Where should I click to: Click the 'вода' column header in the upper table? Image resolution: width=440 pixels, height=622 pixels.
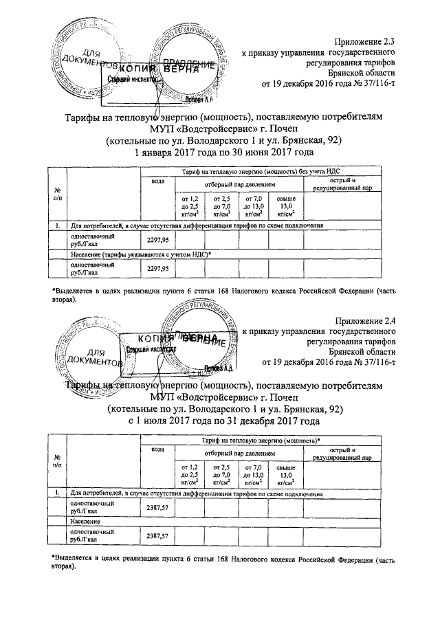[x=157, y=181]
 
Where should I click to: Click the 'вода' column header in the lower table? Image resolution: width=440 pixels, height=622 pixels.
[x=157, y=449]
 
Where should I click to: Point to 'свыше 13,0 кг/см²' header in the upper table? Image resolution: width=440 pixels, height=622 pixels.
[x=286, y=206]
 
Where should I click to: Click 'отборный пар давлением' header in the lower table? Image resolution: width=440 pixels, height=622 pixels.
[x=237, y=454]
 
